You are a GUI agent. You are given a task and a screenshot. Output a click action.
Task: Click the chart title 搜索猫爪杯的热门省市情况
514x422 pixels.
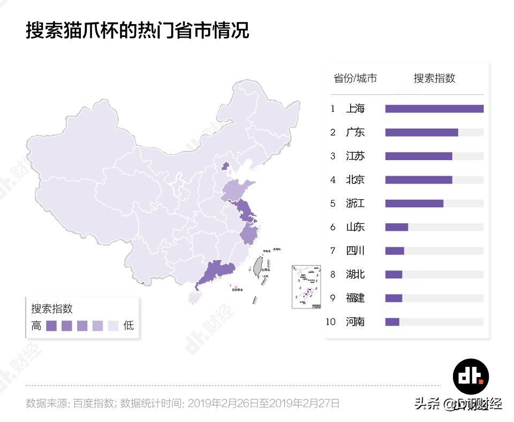tap(138, 30)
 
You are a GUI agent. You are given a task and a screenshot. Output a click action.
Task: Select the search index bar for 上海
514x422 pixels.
tap(434, 109)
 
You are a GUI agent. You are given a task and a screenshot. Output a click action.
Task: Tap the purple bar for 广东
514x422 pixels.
tap(421, 132)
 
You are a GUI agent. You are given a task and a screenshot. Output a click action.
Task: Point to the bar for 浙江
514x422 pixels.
tap(414, 204)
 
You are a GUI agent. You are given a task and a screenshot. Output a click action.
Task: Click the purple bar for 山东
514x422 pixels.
tap(396, 227)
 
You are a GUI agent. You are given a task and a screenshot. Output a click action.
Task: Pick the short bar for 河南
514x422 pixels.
tap(392, 322)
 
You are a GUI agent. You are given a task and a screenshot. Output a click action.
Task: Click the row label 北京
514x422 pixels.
tap(355, 180)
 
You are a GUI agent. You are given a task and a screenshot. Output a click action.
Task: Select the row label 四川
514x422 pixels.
tap(355, 251)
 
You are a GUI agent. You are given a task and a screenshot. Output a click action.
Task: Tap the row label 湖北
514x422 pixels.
tap(355, 274)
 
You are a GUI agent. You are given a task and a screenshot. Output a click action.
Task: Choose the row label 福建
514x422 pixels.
tap(355, 298)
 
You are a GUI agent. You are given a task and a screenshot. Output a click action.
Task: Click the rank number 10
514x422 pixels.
tap(330, 322)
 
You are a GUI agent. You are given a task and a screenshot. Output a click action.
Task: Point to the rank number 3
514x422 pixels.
tap(332, 156)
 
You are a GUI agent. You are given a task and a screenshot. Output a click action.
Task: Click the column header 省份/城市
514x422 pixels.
tap(355, 78)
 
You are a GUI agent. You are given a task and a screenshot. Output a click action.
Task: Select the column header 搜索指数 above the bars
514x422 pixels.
tap(434, 78)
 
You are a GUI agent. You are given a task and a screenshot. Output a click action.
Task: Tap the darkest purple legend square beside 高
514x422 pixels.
tap(51, 326)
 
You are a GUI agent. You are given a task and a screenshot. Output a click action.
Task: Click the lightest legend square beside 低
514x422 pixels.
tap(113, 326)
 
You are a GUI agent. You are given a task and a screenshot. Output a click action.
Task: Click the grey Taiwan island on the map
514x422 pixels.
tap(258, 266)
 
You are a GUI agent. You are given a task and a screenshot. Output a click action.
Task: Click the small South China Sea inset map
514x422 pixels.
tap(306, 287)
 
